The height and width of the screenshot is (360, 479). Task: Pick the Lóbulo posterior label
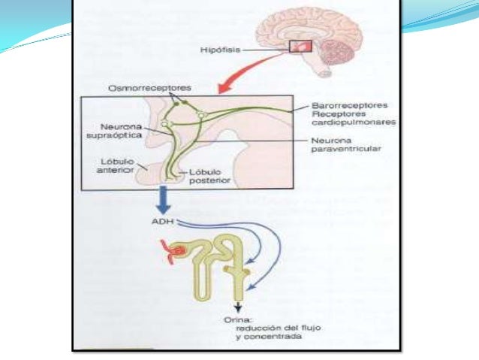(x=208, y=176)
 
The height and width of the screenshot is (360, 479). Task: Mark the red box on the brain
(x=300, y=47)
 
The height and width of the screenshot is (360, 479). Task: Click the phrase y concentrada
(x=263, y=337)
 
